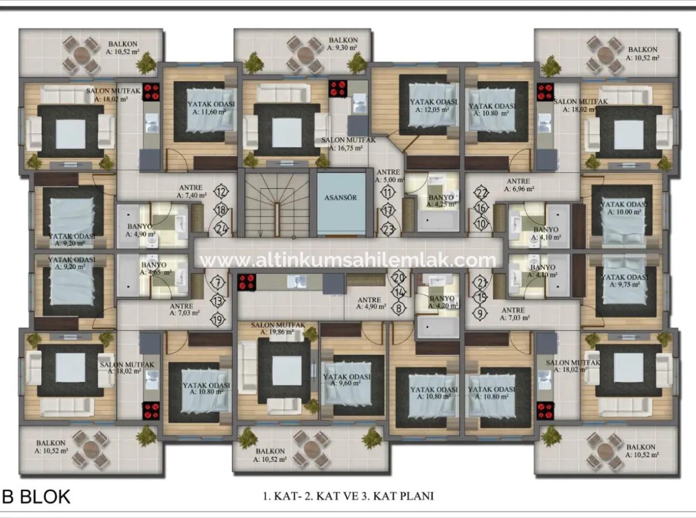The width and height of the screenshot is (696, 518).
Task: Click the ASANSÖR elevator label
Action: (340, 198)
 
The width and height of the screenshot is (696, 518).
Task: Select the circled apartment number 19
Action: (218, 319)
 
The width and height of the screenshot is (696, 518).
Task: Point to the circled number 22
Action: (482, 193)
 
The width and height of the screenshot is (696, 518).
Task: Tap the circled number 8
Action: (399, 307)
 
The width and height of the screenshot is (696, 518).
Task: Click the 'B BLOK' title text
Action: (36, 496)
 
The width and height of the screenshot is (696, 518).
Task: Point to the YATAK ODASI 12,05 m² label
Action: (433, 106)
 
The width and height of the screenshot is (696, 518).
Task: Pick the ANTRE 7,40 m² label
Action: (191, 192)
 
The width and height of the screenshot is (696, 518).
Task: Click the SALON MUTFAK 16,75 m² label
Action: (349, 144)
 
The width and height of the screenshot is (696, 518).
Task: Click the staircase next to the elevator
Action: (277, 203)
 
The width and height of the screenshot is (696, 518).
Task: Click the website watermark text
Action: (348, 260)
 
